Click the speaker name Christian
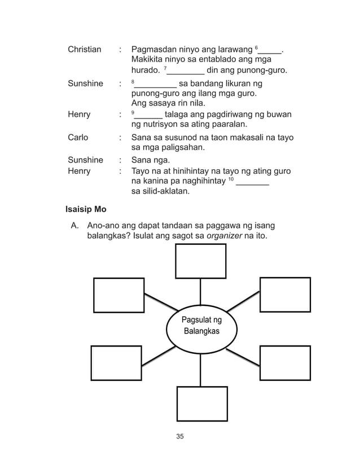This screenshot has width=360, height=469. (85, 50)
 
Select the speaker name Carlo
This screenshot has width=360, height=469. (78, 138)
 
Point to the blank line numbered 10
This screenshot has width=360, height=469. (252, 184)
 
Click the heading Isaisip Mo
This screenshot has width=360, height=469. (86, 209)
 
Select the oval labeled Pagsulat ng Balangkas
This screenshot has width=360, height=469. (201, 326)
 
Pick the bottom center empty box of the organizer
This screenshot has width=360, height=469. (202, 404)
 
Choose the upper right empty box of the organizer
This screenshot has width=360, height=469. (284, 295)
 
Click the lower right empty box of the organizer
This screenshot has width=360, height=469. (284, 363)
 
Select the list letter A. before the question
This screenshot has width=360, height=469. (74, 226)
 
